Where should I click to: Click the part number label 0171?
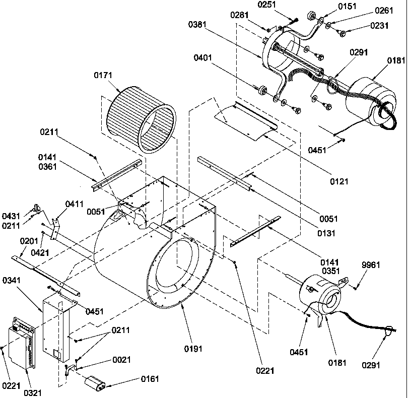[x=103, y=75]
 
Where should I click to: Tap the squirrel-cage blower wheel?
[x=141, y=120]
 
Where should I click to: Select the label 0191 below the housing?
[x=193, y=349]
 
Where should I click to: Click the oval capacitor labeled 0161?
[x=95, y=384]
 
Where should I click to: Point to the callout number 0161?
[x=150, y=379]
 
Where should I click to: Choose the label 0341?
[x=12, y=280]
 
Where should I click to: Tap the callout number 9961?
[x=371, y=265]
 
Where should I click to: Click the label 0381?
[x=197, y=24]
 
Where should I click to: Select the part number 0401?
[x=203, y=57]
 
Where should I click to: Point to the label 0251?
[x=267, y=5]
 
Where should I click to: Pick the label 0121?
[x=339, y=181]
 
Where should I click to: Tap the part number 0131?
[x=326, y=233]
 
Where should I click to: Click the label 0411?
[x=75, y=204]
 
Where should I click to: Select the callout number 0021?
[x=121, y=359]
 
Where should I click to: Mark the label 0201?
[x=29, y=241]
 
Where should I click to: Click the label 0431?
[x=11, y=216]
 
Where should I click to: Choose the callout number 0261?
[x=384, y=11]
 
